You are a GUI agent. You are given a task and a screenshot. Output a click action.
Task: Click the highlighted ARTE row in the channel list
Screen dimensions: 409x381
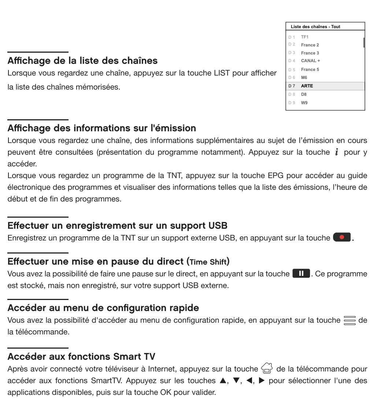(325, 86)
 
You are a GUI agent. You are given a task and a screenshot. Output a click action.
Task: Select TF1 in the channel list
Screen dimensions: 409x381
(305, 37)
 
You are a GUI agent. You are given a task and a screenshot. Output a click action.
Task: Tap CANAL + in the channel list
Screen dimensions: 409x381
(310, 61)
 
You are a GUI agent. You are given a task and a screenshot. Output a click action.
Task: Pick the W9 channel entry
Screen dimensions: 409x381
(304, 103)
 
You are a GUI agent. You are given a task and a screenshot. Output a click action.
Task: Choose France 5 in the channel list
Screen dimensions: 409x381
(310, 70)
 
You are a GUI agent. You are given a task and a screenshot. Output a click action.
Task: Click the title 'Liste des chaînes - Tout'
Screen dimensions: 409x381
(315, 27)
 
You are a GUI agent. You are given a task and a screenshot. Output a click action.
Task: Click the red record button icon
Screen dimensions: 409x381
(342, 238)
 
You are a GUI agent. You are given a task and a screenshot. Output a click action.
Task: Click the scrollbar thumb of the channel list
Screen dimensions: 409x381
(364, 42)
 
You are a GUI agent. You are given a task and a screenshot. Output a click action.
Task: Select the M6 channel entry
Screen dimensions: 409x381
(304, 78)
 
